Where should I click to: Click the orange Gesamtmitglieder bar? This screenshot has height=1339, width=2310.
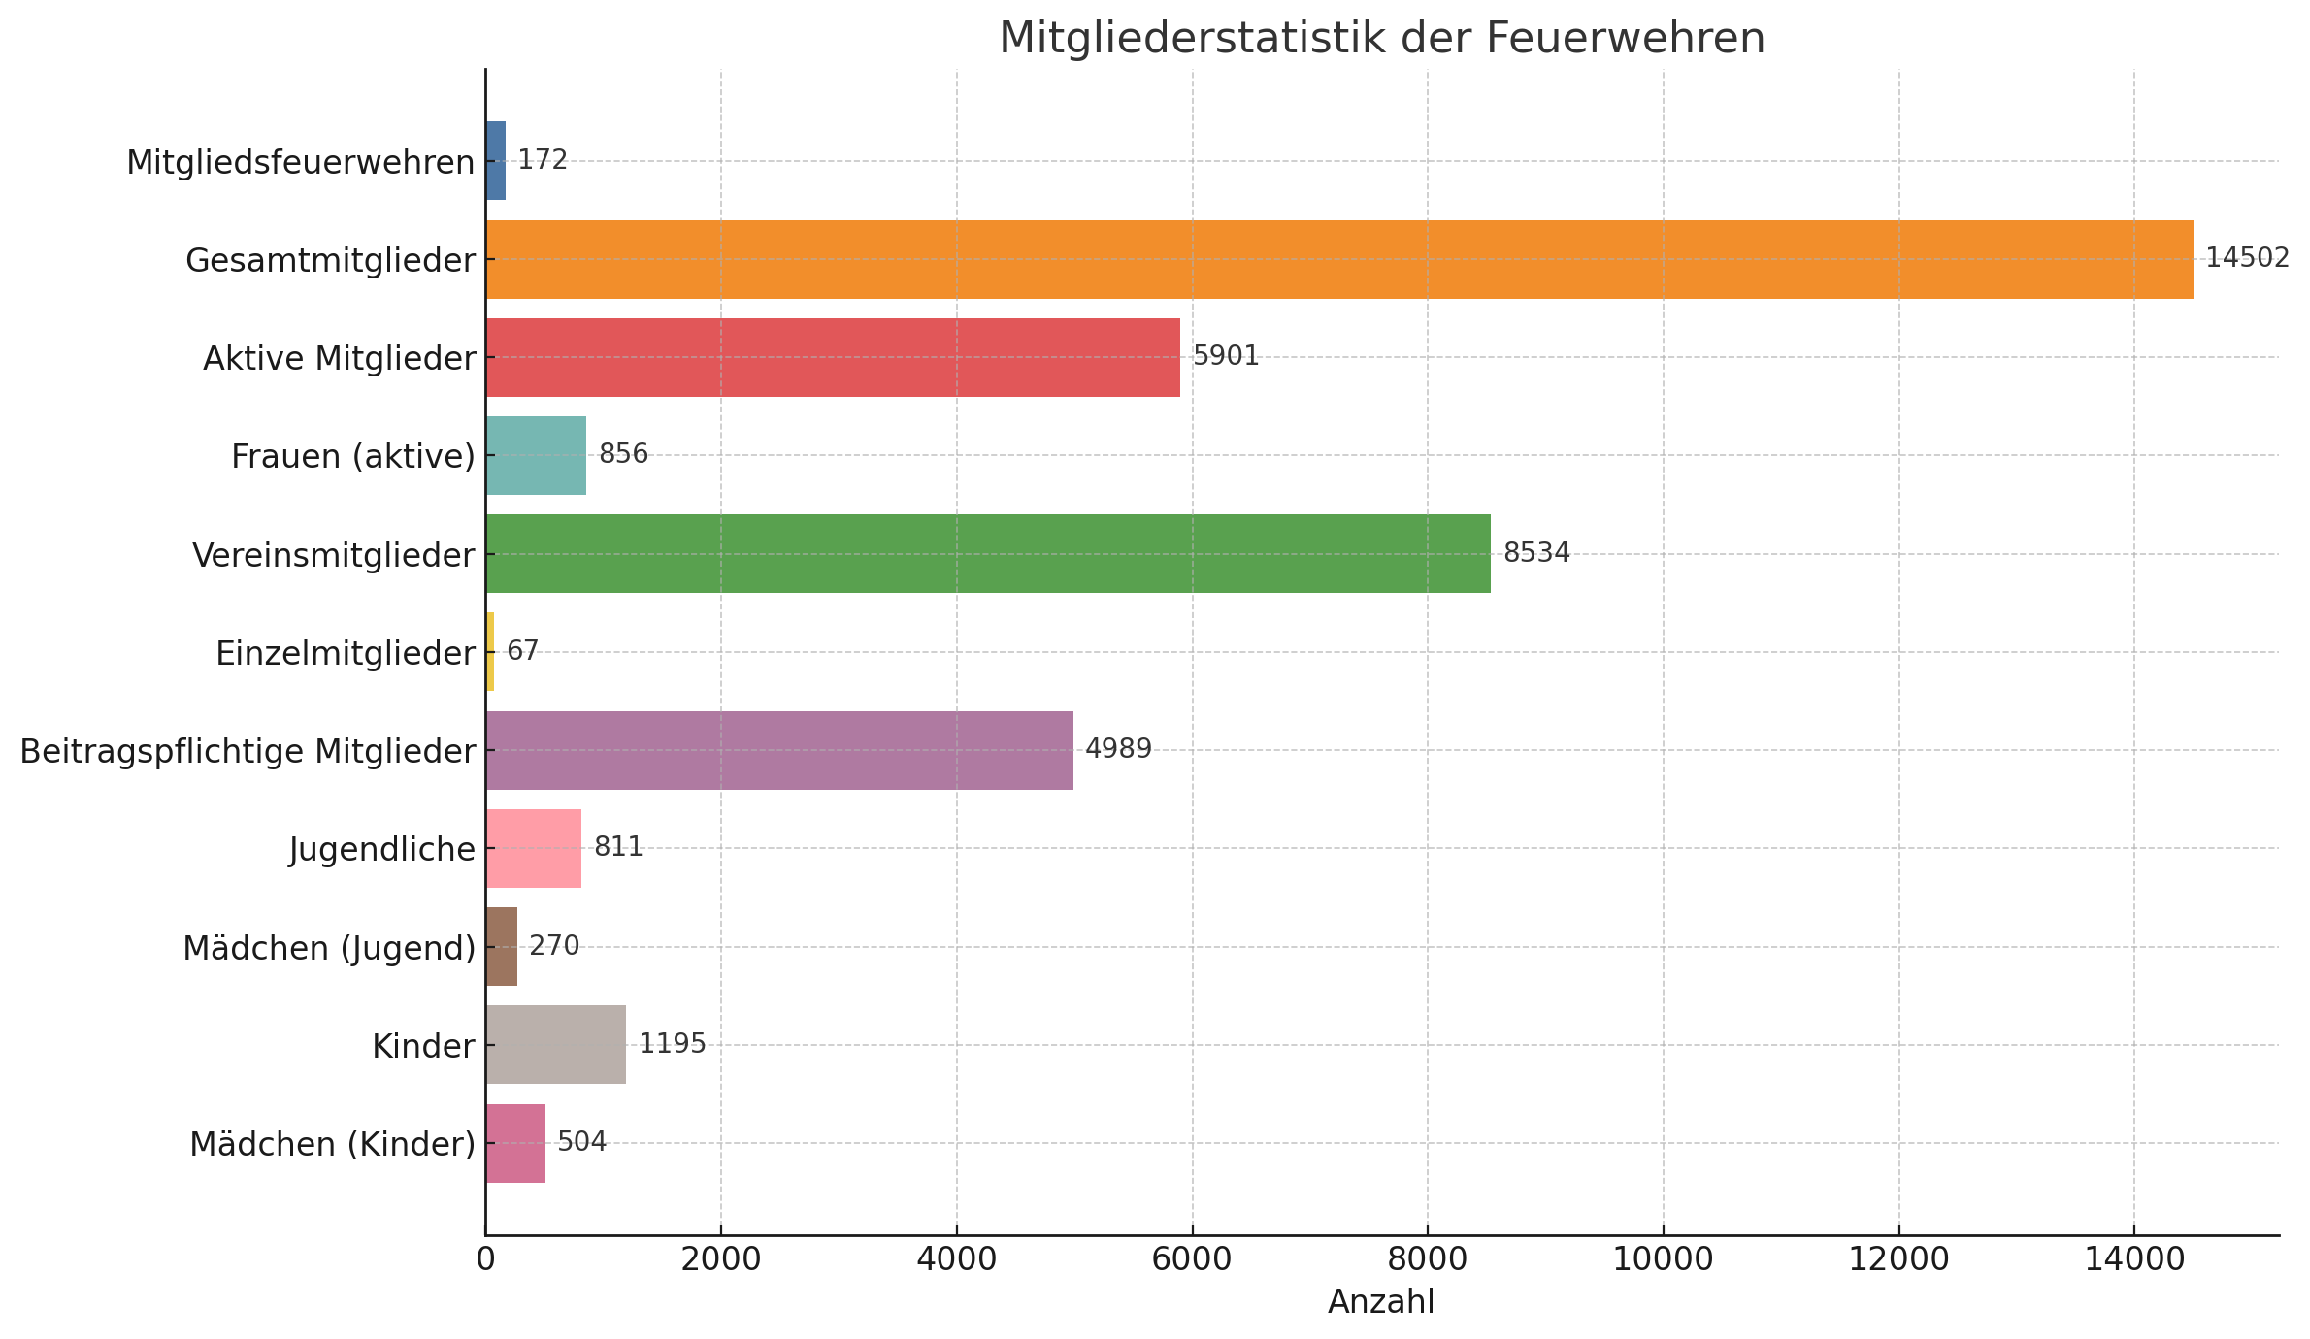point(1339,259)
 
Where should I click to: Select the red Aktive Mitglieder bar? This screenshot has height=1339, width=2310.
point(833,357)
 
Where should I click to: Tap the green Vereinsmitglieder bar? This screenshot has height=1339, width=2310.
point(988,553)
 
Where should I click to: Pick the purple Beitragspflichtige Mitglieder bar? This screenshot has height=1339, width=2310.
point(779,750)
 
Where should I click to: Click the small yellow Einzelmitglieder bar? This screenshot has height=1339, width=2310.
point(490,651)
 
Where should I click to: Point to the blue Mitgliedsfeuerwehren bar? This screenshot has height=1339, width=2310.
point(496,160)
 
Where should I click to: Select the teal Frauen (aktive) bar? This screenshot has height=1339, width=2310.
point(536,455)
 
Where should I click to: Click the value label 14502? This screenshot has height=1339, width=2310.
point(2247,258)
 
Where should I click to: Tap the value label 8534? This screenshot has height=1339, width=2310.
point(1536,553)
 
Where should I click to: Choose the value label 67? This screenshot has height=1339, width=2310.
point(522,651)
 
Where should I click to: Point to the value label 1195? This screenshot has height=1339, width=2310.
point(672,1044)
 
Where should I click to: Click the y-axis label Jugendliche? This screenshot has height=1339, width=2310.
point(382,850)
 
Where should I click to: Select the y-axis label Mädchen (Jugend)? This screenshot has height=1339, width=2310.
point(329,949)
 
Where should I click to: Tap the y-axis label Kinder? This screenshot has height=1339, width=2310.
point(423,1047)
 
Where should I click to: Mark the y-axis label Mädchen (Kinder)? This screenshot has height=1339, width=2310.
point(332,1145)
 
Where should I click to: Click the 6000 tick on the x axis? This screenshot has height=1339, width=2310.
point(1192,1259)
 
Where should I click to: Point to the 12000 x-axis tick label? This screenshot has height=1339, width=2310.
point(1898,1259)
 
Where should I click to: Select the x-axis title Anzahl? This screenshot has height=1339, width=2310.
point(1380,1302)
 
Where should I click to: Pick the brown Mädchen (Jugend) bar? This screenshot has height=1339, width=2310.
point(501,946)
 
